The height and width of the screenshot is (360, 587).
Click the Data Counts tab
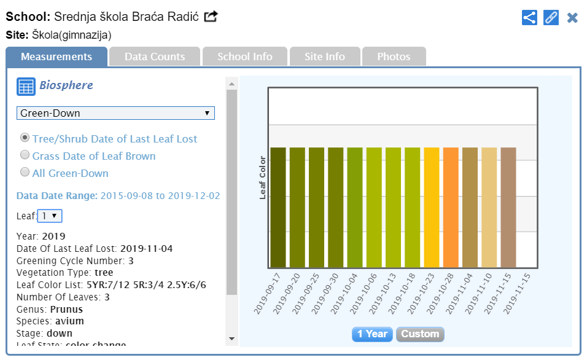[x=155, y=57]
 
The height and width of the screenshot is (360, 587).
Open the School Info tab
[x=244, y=57]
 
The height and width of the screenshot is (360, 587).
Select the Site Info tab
[x=325, y=57]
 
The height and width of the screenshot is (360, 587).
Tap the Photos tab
[x=394, y=57]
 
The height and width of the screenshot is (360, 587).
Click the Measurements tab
[x=56, y=57]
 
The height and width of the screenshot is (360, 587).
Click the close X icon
[x=572, y=17]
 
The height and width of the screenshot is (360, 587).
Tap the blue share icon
[x=529, y=17]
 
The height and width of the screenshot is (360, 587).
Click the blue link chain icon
[x=551, y=17]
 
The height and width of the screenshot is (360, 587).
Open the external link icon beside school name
[x=211, y=17]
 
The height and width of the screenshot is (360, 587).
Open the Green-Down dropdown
[x=115, y=113]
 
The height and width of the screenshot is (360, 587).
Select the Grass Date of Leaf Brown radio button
[x=25, y=155]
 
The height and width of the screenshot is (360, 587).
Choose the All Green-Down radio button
[x=25, y=173]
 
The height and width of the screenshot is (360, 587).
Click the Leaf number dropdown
[x=50, y=216]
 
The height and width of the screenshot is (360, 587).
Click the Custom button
[x=420, y=334]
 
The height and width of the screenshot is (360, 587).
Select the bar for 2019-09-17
[x=278, y=208]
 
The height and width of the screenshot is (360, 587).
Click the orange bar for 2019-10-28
[x=451, y=208]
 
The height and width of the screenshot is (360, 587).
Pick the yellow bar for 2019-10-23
[x=432, y=208]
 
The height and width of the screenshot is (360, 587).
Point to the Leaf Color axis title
[x=262, y=178]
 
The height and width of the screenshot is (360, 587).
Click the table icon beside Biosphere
[x=25, y=87]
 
